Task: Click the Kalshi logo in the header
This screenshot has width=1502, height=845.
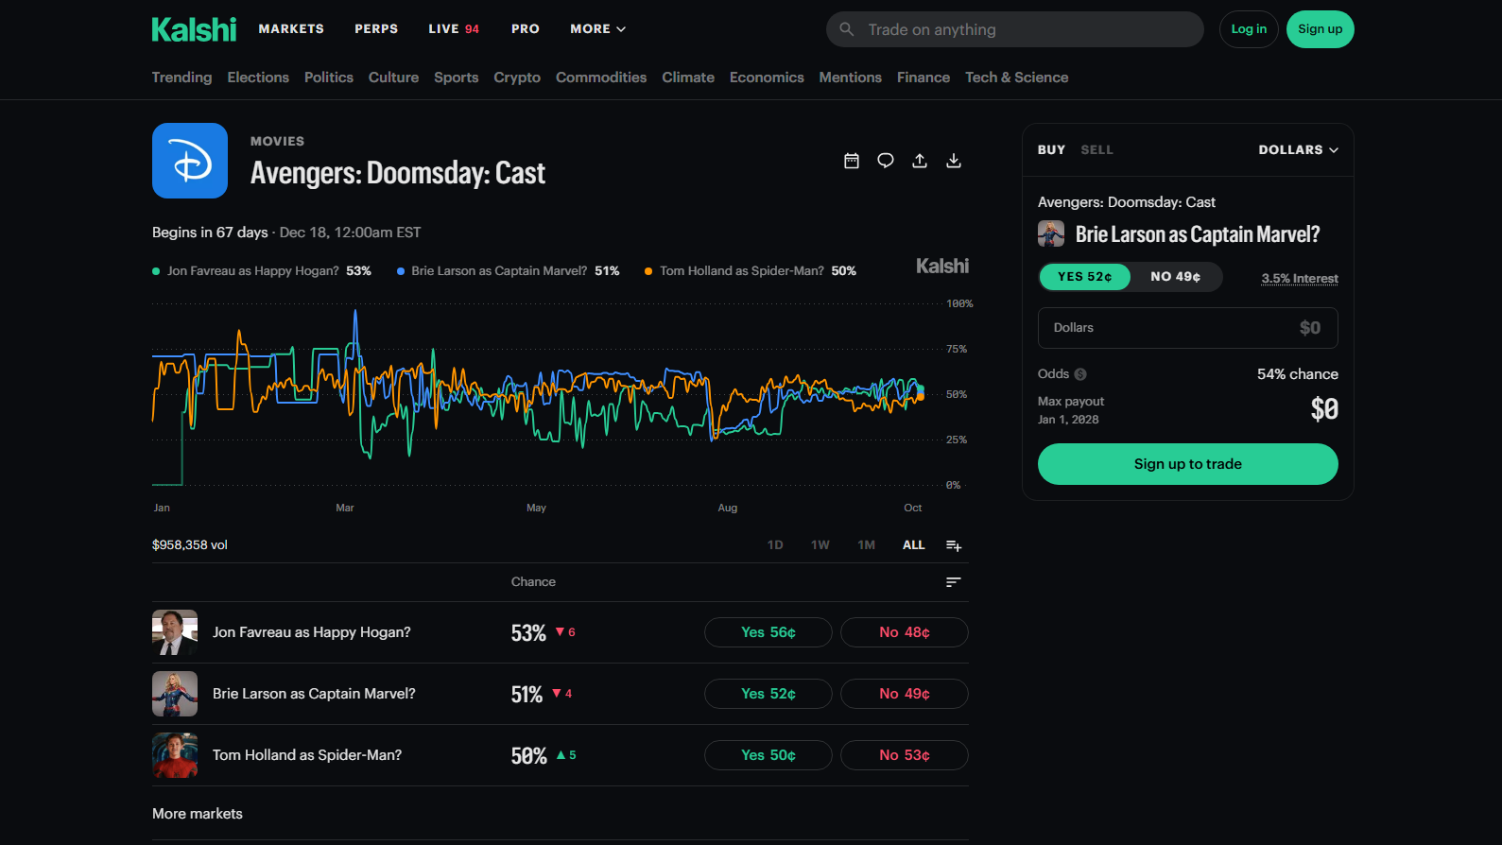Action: (x=194, y=29)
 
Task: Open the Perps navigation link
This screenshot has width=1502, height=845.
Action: (x=376, y=29)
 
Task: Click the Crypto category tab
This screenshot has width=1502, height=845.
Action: (x=517, y=78)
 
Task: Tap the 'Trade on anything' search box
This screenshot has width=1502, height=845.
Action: (x=1014, y=29)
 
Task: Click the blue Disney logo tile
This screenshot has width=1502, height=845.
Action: (x=190, y=161)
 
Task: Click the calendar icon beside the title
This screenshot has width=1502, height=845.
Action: (x=852, y=161)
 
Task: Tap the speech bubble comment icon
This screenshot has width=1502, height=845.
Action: (x=886, y=161)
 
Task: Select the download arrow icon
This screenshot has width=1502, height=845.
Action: (x=954, y=161)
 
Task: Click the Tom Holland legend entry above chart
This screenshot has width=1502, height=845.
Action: (x=751, y=271)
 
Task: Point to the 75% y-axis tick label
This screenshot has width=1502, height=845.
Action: (x=957, y=349)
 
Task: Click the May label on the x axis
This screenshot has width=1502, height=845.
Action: (x=537, y=508)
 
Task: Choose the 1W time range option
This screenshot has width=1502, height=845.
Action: (x=820, y=544)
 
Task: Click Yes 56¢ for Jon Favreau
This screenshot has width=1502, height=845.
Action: (x=768, y=632)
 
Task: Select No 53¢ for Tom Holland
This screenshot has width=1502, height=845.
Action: (x=905, y=755)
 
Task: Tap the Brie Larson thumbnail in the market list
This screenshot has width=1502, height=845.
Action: (x=175, y=694)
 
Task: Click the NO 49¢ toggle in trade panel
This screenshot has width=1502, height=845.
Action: (x=1176, y=277)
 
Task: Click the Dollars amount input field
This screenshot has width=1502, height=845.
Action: (x=1188, y=328)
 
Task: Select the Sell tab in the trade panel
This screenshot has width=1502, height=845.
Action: (x=1097, y=149)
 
